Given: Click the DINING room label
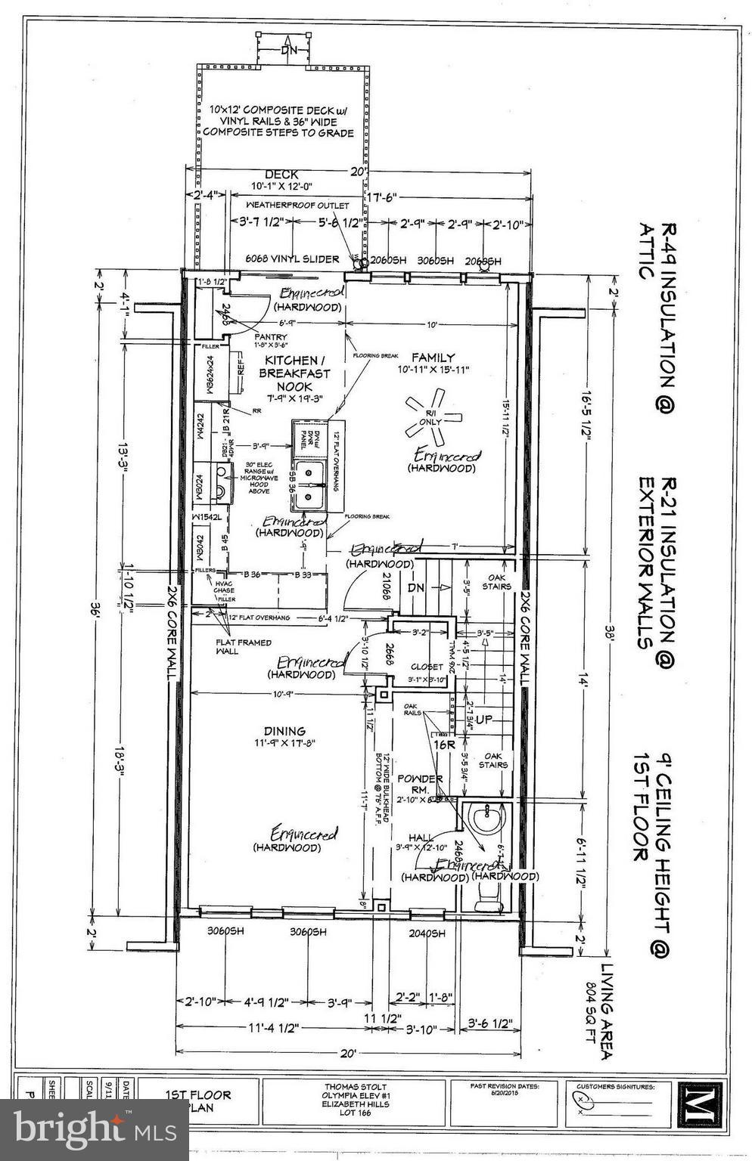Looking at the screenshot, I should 284,731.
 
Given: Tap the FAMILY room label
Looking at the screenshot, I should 433,357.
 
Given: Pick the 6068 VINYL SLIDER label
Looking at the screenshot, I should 292,259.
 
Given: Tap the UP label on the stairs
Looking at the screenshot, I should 483,719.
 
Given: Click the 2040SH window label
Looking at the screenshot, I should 427,933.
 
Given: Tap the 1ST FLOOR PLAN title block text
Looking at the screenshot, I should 199,1101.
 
